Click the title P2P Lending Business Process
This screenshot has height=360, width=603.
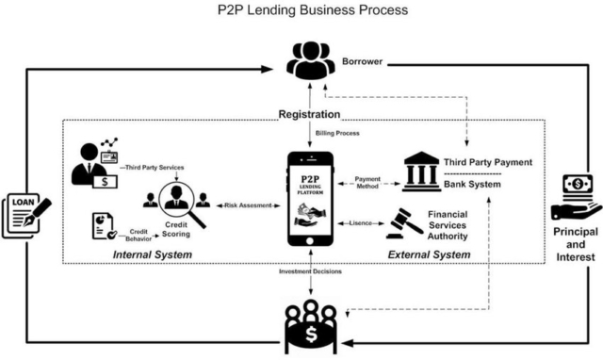pyautogui.click(x=301, y=11)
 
